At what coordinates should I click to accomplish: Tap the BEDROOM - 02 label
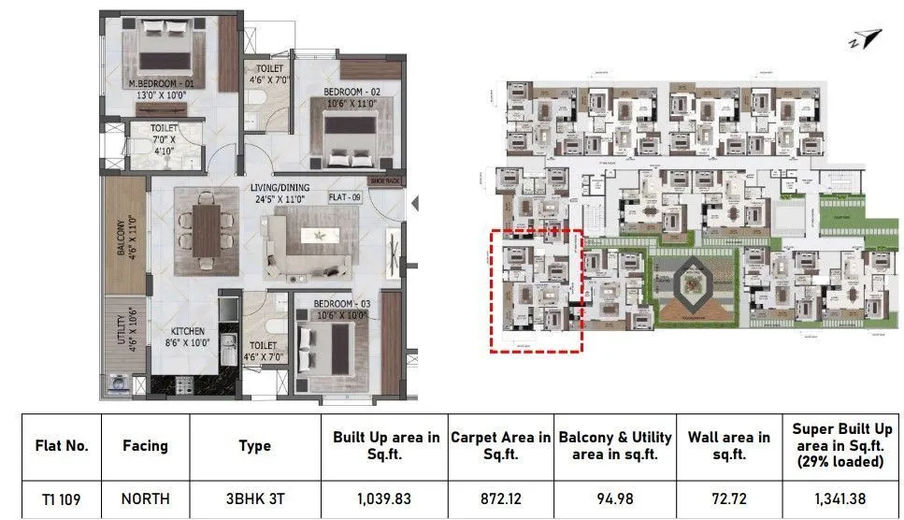352,92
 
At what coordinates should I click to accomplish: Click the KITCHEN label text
187,331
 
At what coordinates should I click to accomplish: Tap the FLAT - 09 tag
345,198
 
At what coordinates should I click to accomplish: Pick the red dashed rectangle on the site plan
537,290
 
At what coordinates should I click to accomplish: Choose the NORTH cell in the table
145,499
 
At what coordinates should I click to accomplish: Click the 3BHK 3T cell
254,499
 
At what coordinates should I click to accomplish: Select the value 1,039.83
386,499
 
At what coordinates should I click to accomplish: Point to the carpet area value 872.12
500,499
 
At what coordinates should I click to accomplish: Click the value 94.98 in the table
614,499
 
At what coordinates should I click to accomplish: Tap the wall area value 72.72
728,499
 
